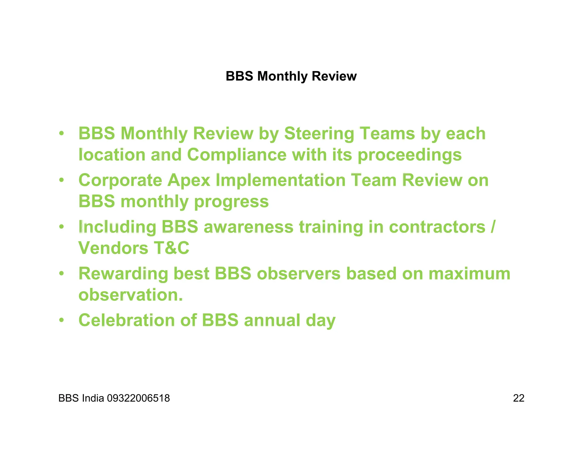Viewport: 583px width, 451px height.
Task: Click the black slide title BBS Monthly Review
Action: pyautogui.click(x=291, y=76)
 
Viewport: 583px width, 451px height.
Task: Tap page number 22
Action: pyautogui.click(x=518, y=398)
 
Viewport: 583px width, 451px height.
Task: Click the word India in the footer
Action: pyautogui.click(x=93, y=398)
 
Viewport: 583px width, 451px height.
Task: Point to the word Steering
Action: pyautogui.click(x=319, y=134)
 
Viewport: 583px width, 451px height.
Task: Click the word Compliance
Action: pyautogui.click(x=237, y=155)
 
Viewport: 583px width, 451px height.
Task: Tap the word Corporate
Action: pyautogui.click(x=120, y=181)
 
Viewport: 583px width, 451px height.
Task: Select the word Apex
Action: pyautogui.click(x=188, y=181)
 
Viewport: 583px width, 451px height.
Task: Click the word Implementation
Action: pyautogui.click(x=280, y=181)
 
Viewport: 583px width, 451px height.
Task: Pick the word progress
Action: pyautogui.click(x=231, y=202)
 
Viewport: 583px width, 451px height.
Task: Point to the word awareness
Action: pyautogui.click(x=248, y=227)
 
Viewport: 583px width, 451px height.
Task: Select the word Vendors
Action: pyautogui.click(x=113, y=248)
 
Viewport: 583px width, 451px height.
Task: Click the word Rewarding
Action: pyautogui.click(x=123, y=274)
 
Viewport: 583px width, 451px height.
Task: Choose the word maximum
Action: pyautogui.click(x=469, y=274)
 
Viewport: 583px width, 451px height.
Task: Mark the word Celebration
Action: pyautogui.click(x=126, y=320)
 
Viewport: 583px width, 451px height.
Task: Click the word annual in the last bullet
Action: pyautogui.click(x=272, y=320)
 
